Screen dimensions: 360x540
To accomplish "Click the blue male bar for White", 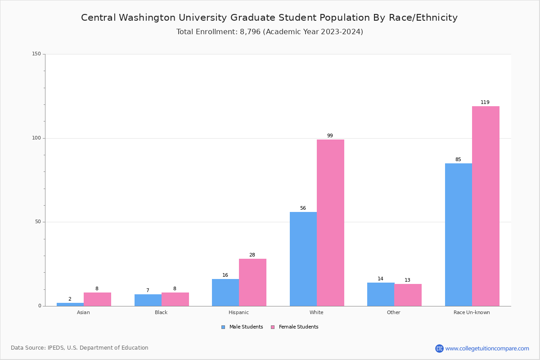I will coord(303,259).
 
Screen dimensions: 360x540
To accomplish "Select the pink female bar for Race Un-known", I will coord(486,206).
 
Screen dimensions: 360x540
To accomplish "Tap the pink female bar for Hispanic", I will coord(252,282).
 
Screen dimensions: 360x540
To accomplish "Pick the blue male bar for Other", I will coord(381,294).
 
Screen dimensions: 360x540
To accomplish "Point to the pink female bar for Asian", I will coord(97,299).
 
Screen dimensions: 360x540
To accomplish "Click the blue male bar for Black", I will coord(148,300).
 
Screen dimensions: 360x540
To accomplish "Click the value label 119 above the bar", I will coord(485,103).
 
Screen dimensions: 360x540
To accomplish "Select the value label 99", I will coord(330,136).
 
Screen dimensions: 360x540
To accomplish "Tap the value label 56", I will coord(303,208).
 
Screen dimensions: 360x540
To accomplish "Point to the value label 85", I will coord(458,160).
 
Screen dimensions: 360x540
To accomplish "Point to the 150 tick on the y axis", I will coord(36,54).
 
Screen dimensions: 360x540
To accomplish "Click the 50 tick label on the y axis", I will coord(38,222).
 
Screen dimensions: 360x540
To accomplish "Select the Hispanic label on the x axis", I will coord(238,312).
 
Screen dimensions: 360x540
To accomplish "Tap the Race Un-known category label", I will coord(472,312).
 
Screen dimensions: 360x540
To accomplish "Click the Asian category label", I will coord(83,312).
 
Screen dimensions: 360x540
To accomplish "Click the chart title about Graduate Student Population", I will coord(269,18).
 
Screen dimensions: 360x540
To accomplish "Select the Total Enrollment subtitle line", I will coord(269,32).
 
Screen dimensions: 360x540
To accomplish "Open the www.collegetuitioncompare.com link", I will coord(487,348).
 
